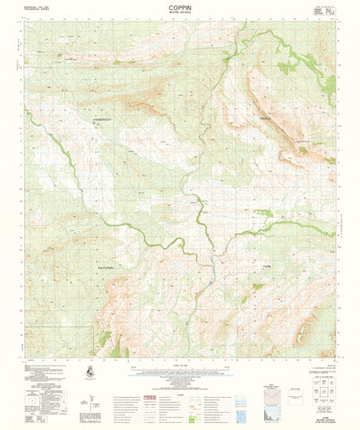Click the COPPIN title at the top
[179, 5]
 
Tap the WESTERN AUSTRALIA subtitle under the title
[179, 12]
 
